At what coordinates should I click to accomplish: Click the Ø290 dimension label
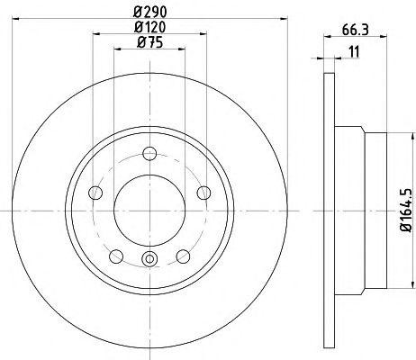click(x=149, y=11)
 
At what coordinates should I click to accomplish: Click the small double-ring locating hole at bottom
click(x=149, y=261)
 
